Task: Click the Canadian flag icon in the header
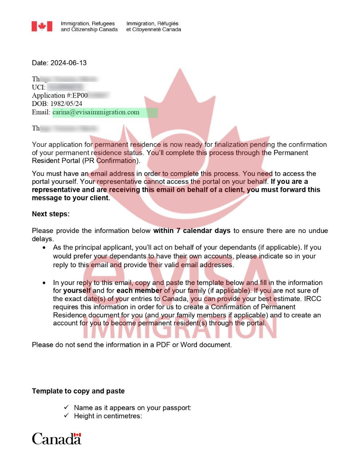tap(42, 27)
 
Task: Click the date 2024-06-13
tap(68, 63)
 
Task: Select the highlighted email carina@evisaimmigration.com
tap(96, 112)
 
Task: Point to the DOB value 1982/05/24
tap(66, 104)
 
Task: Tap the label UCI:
tap(39, 87)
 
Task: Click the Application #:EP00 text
tap(60, 95)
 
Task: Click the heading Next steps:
tap(51, 214)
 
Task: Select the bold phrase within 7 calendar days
tap(192, 230)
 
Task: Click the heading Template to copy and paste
tap(78, 391)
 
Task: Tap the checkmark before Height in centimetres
tap(66, 416)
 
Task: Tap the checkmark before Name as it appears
tap(66, 407)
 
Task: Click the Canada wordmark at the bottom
tap(56, 439)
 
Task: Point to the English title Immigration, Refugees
tap(88, 24)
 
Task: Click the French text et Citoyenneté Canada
tap(153, 29)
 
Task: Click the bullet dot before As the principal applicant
tap(44, 248)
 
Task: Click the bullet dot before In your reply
tap(44, 283)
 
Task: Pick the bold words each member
tap(139, 291)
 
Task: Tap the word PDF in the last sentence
tap(163, 345)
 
